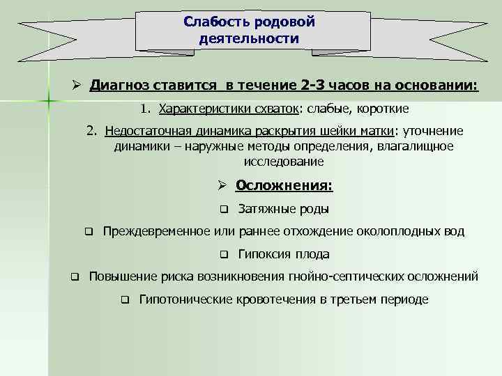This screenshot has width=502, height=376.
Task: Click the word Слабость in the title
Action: [x=213, y=22]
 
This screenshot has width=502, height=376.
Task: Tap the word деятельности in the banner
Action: [x=249, y=38]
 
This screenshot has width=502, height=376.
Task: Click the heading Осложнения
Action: [x=284, y=185]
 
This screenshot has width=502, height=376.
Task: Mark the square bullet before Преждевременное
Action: [x=89, y=232]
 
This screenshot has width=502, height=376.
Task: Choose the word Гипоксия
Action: [x=263, y=254]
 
